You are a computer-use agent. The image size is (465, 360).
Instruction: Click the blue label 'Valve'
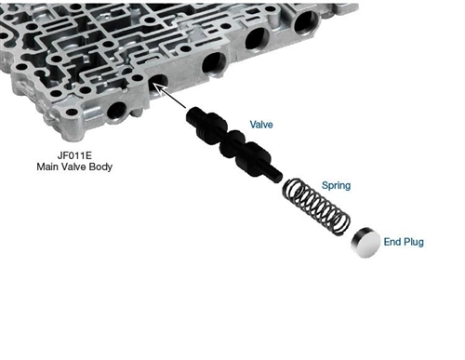coord(261,125)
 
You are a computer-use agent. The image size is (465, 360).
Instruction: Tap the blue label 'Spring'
coord(336,185)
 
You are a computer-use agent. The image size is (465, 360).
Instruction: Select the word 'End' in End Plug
coord(392,242)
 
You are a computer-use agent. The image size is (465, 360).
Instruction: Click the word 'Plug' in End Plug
coord(413,242)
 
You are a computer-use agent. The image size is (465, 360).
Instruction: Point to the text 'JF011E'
coord(74,154)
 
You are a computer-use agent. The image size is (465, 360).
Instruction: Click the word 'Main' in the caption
coord(46,167)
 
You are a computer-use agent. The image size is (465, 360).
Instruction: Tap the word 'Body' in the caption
coord(100,167)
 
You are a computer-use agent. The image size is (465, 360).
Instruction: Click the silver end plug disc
coord(365,242)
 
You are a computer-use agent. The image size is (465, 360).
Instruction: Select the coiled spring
coord(316,207)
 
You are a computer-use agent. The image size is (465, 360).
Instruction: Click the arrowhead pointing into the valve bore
coord(157,87)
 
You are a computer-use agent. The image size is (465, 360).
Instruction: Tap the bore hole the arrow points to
coord(158,84)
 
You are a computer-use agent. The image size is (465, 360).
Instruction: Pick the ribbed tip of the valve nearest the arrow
coord(194,115)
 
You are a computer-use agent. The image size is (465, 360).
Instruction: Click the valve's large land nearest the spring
coord(253,157)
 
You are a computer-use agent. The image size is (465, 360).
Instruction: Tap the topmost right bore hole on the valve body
coord(306,22)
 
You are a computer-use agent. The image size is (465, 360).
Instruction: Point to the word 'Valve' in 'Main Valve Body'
coord(73,167)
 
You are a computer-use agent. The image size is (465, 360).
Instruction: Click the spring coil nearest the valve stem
coord(291,189)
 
